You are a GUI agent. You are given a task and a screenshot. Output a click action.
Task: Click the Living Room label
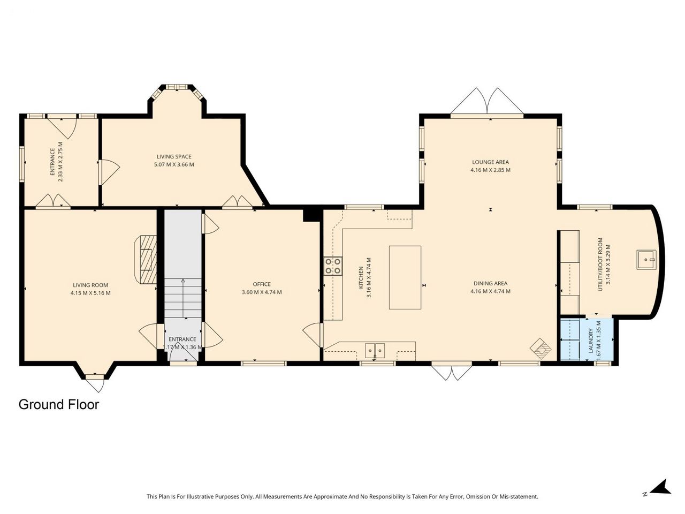(90, 285)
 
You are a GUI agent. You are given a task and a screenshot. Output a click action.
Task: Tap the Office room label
(262, 284)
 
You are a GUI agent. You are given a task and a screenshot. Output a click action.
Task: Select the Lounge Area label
(490, 162)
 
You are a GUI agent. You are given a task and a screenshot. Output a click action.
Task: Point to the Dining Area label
(490, 283)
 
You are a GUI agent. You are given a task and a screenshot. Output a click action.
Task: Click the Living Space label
(174, 156)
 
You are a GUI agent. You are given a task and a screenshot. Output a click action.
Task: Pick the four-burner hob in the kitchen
(333, 266)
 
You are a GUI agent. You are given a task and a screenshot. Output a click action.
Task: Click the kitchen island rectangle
(405, 277)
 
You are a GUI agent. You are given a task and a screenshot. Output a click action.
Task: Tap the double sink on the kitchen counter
(375, 350)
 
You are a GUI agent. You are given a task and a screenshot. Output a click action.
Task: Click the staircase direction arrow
(183, 298)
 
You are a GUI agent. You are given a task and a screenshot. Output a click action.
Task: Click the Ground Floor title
(59, 404)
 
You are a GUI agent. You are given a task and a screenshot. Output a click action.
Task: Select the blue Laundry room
(587, 339)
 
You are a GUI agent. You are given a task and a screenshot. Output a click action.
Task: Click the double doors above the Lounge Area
(486, 101)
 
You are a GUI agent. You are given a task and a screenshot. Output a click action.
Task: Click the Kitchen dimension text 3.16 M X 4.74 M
(369, 277)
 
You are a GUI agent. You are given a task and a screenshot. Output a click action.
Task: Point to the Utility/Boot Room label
(599, 264)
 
